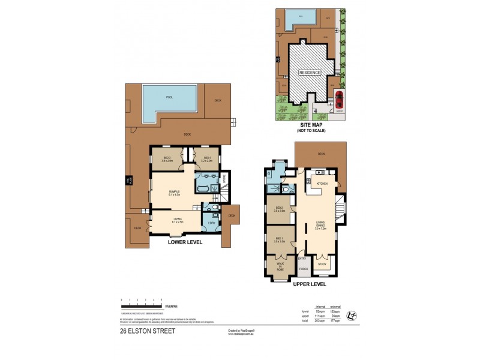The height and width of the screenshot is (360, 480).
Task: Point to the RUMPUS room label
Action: point(175,192)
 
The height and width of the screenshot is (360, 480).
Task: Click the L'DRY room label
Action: point(212,223)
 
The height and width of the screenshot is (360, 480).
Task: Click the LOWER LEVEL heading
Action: point(185,242)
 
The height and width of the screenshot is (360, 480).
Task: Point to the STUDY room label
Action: point(322,264)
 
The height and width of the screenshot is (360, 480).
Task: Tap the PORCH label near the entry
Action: point(304,268)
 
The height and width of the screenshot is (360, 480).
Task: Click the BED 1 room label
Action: point(279,238)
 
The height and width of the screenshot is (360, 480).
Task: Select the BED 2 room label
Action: point(279,209)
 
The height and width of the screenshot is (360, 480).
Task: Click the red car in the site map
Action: point(340,98)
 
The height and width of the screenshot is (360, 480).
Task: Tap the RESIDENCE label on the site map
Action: point(309,72)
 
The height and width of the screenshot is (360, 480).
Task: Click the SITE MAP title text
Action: point(310,125)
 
